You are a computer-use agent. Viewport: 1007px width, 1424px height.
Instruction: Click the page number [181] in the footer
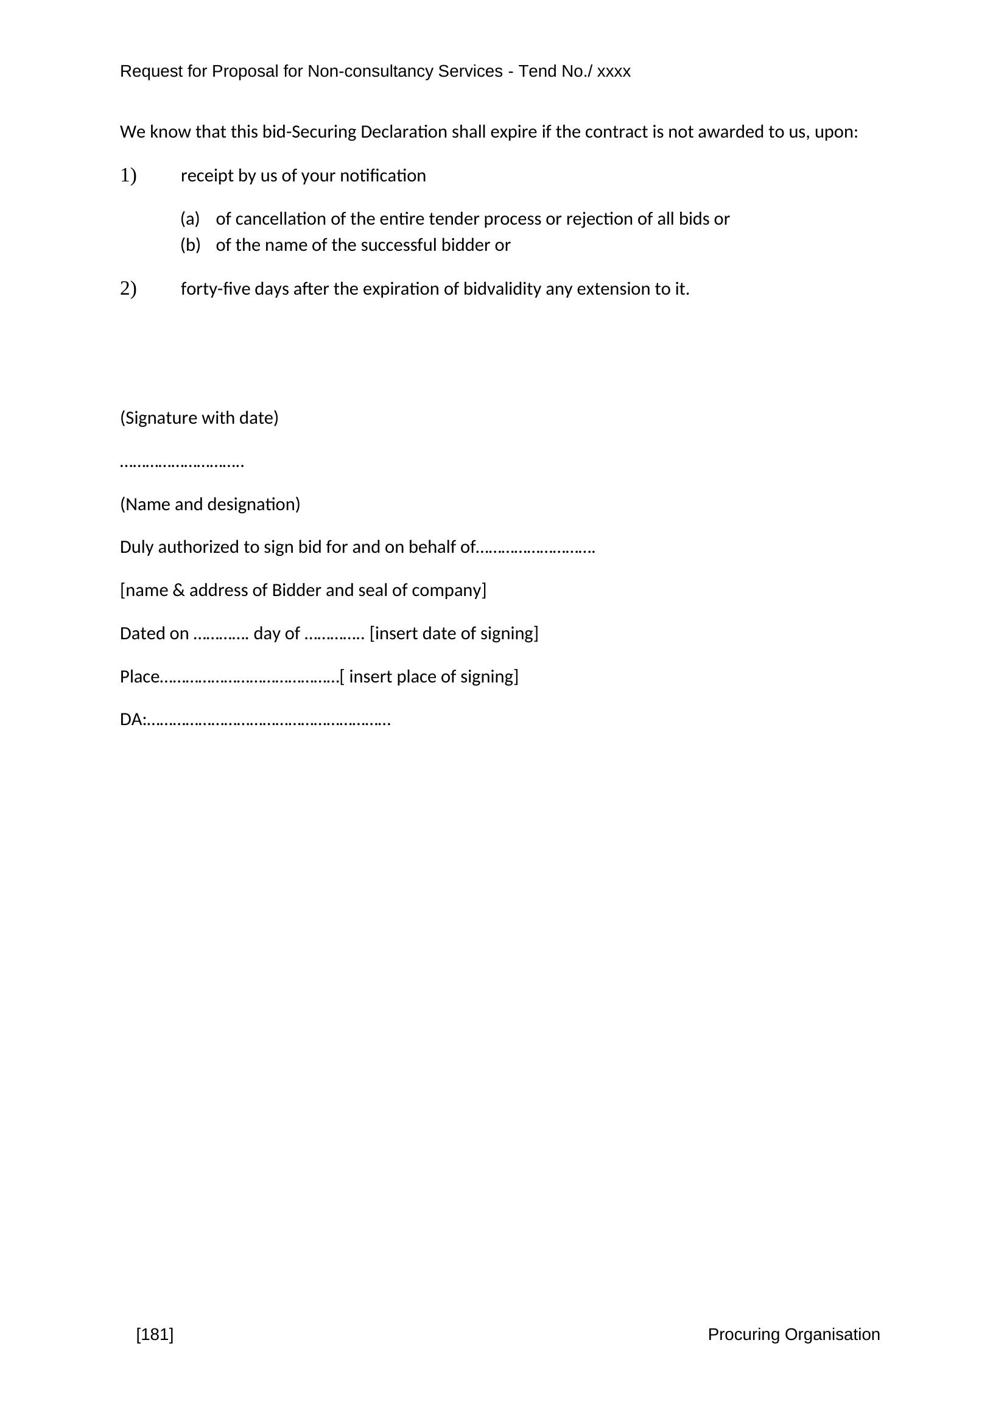pyautogui.click(x=155, y=1334)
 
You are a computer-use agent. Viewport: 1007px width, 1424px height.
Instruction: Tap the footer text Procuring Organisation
pyautogui.click(x=794, y=1334)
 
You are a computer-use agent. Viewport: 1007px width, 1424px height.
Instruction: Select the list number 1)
pyautogui.click(x=128, y=176)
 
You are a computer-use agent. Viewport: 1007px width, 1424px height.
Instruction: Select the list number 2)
pyautogui.click(x=128, y=289)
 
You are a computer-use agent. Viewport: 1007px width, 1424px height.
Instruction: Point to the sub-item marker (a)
pyautogui.click(x=190, y=219)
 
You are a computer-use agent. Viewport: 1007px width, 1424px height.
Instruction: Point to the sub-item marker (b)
pyautogui.click(x=191, y=245)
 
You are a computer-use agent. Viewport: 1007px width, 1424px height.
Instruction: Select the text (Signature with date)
pyautogui.click(x=199, y=418)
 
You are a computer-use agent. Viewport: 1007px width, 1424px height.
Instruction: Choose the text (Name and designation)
pyautogui.click(x=209, y=504)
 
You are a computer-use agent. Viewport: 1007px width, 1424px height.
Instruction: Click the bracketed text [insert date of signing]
pyautogui.click(x=454, y=633)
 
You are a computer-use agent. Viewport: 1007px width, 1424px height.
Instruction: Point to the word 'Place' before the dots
pyautogui.click(x=139, y=676)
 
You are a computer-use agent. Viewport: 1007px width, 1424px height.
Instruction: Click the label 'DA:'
pyautogui.click(x=133, y=720)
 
